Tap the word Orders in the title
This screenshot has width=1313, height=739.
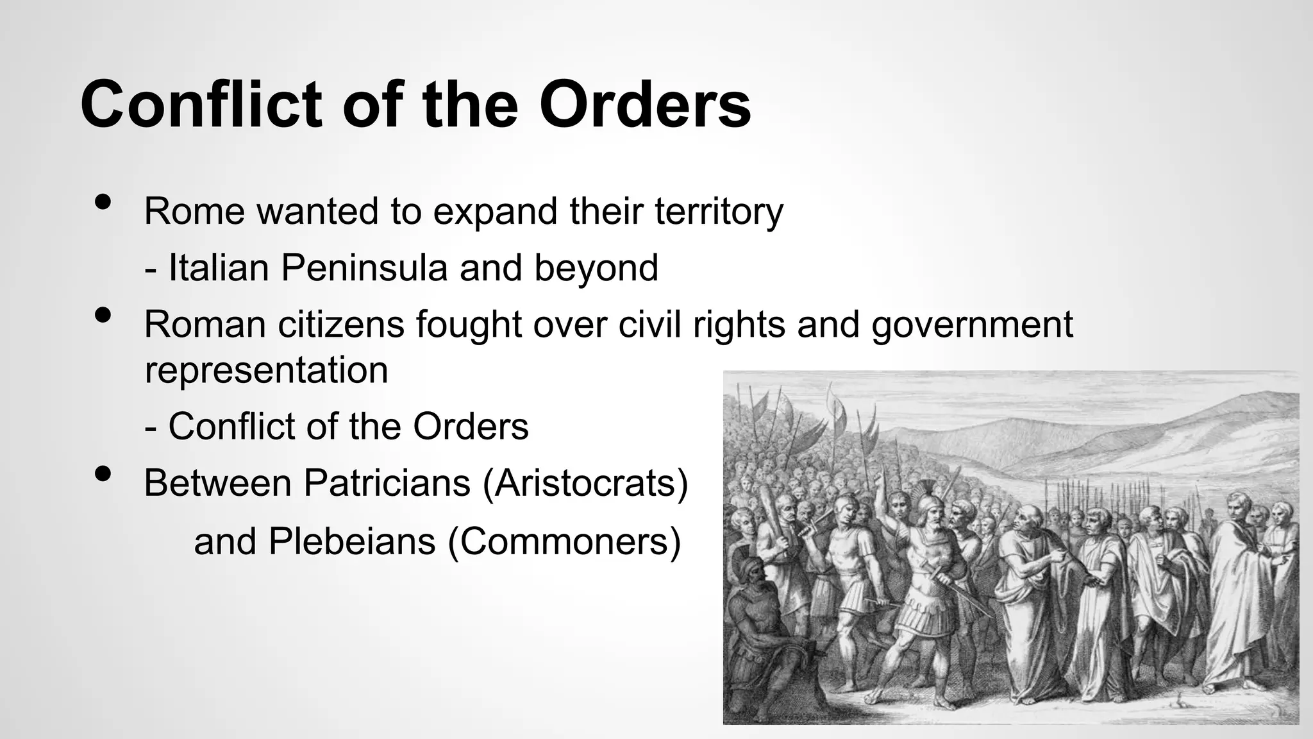(x=645, y=105)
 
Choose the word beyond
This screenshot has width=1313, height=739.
(x=596, y=269)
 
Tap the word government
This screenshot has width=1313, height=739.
(x=972, y=325)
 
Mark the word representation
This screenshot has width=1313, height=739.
(x=266, y=370)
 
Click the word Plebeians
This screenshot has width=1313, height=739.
(x=352, y=541)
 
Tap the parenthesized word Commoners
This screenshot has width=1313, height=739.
(x=564, y=541)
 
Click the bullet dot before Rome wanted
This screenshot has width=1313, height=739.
(x=103, y=202)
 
